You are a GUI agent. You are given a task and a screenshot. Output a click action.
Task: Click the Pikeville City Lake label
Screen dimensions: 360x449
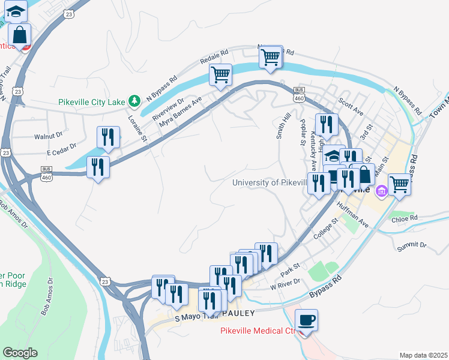[x=92, y=101]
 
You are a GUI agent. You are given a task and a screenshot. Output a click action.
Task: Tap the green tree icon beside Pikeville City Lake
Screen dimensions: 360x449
[x=136, y=100]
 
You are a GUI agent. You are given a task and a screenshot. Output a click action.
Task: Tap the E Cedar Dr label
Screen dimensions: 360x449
[x=56, y=146]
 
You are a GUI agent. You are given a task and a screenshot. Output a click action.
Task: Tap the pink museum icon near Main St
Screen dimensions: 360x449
[x=380, y=192]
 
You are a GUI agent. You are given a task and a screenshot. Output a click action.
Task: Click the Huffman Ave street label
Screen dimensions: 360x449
[x=353, y=214]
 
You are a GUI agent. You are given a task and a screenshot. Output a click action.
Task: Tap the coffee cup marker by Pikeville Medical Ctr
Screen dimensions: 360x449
[x=307, y=320]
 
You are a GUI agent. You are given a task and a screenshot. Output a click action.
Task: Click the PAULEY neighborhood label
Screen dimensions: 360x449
[x=238, y=313]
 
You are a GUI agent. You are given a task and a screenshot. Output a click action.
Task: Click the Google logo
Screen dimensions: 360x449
[x=20, y=352]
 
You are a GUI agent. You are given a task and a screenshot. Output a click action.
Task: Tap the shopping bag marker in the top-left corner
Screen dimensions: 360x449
[x=20, y=35]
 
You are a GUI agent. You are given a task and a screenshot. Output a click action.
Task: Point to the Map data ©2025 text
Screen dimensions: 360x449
[x=423, y=355]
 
